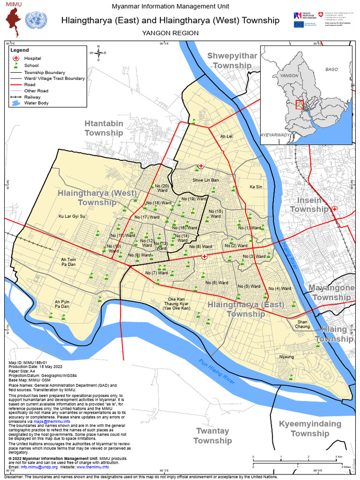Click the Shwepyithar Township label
point(232,61)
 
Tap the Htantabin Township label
point(104,128)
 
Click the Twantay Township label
point(212,435)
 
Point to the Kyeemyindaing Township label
point(310,428)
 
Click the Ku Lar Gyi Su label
point(71,217)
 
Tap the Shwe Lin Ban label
point(205,180)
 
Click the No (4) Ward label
point(280,289)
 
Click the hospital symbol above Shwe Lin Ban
point(201,166)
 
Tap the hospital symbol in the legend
point(16,58)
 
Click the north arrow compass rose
point(98,53)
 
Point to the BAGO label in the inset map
point(331,69)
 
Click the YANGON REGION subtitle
point(170,33)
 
